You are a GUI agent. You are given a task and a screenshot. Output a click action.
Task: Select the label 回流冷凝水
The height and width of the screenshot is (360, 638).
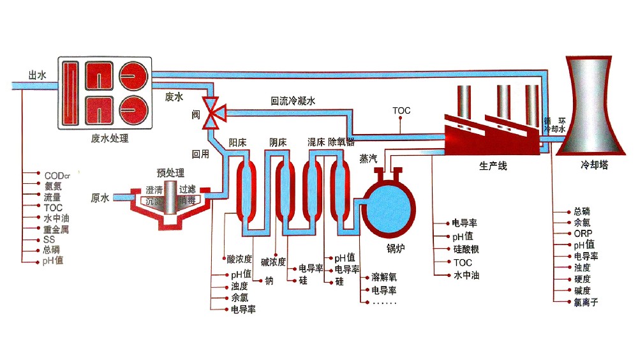tap(293, 101)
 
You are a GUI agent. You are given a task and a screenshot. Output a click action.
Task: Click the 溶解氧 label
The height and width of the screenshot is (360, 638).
tap(384, 278)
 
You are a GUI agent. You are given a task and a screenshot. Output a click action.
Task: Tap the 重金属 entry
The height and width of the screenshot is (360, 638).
tap(56, 229)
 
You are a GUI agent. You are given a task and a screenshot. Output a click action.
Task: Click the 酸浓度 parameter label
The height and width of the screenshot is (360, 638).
tap(240, 259)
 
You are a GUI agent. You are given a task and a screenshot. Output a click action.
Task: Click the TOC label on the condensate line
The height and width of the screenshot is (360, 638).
tap(401, 110)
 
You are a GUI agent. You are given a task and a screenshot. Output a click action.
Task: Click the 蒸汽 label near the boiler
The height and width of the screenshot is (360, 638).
tap(368, 158)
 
